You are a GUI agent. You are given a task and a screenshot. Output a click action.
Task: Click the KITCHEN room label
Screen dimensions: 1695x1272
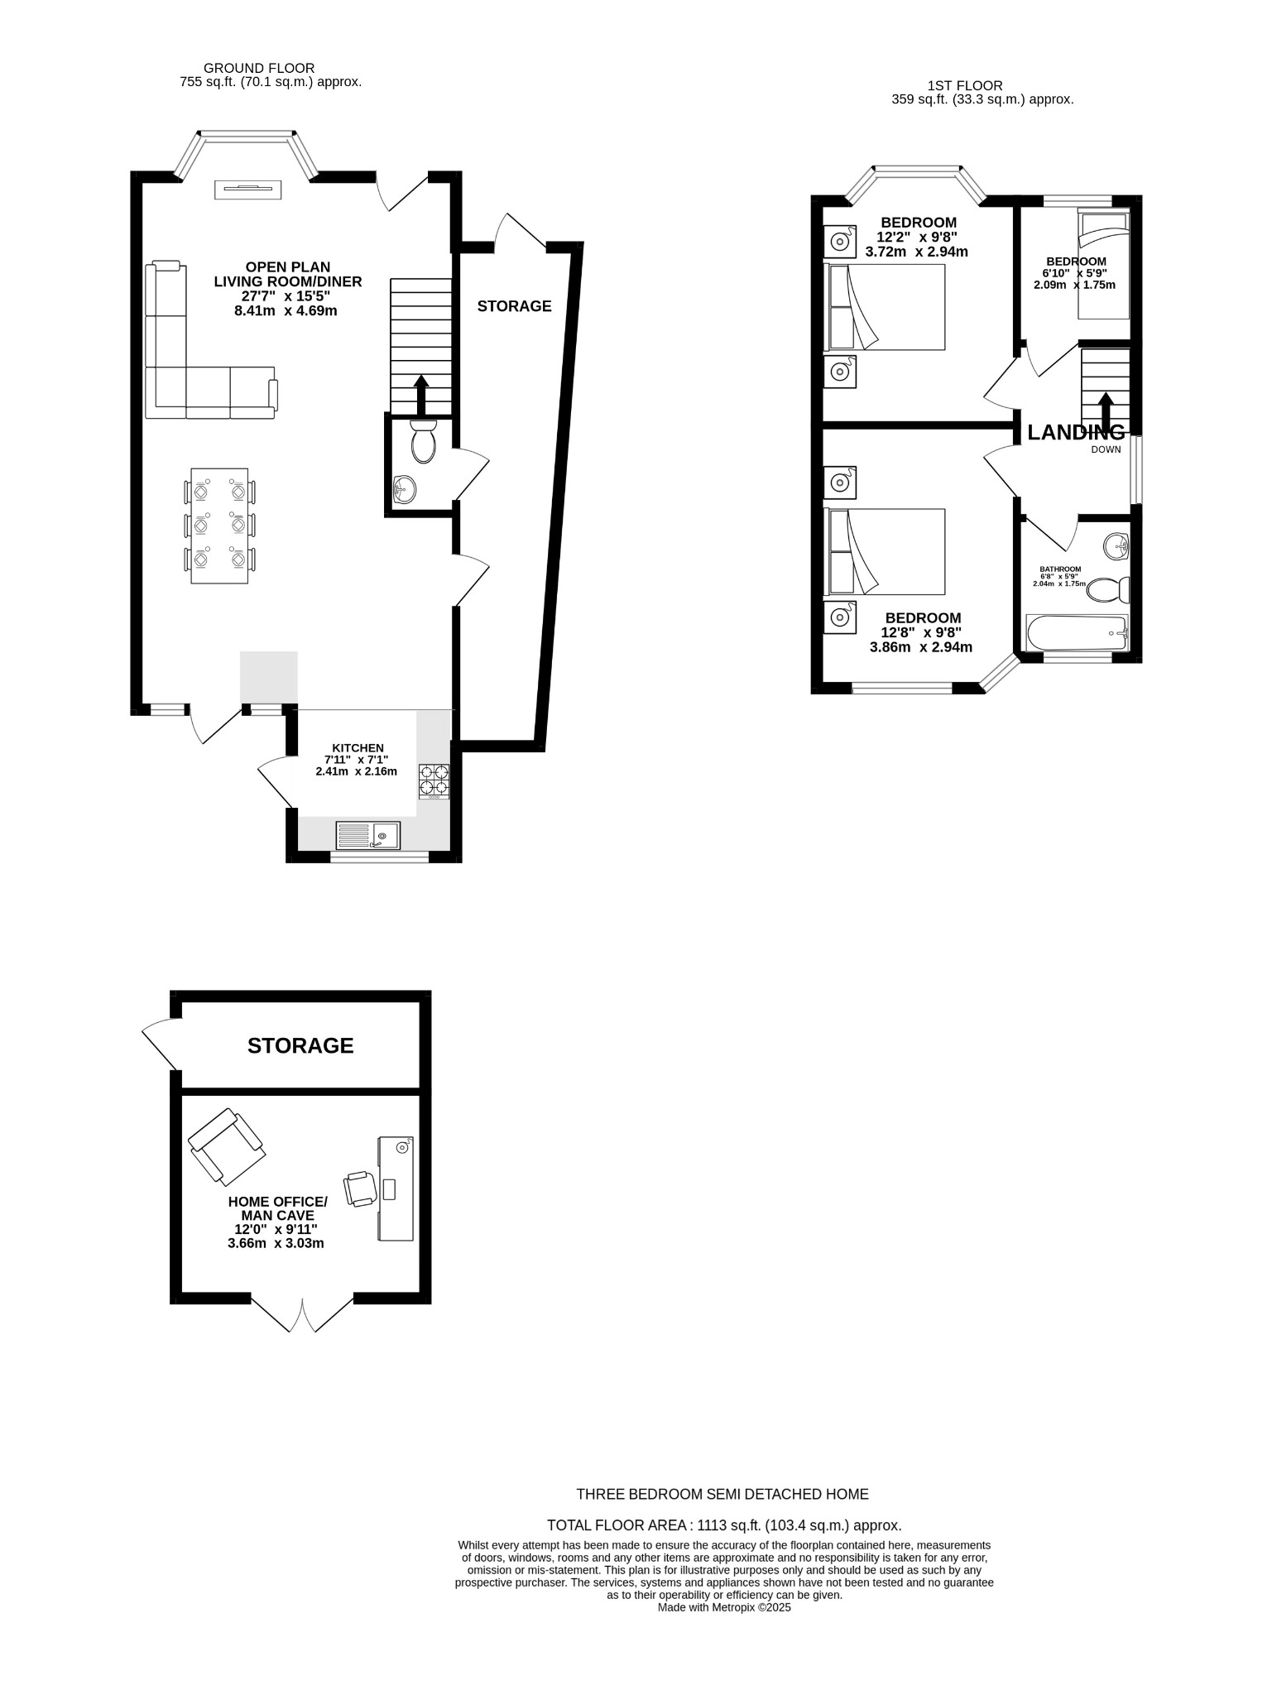(x=358, y=748)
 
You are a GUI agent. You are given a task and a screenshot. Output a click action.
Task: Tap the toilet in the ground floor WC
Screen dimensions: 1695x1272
(x=423, y=441)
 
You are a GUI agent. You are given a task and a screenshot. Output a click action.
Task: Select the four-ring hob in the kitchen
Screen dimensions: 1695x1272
(x=434, y=779)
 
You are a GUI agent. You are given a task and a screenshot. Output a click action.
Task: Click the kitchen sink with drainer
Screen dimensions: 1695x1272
(x=367, y=836)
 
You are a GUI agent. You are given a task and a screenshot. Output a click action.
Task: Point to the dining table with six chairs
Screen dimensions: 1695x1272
(x=219, y=526)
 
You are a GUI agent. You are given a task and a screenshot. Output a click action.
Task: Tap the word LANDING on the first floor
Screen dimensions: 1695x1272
(x=1075, y=432)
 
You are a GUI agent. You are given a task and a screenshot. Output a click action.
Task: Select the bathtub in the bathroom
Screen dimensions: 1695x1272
(x=1076, y=634)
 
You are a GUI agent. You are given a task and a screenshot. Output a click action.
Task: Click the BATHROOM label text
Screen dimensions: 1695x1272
(x=1060, y=569)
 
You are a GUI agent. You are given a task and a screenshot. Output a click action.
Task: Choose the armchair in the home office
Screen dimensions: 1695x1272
(x=227, y=1147)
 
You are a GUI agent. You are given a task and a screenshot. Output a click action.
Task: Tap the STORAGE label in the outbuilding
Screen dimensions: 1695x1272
(x=300, y=1046)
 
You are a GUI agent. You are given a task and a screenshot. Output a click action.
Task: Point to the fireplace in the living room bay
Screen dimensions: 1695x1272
(x=249, y=190)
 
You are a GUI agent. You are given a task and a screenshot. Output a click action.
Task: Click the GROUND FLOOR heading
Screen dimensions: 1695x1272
(x=259, y=68)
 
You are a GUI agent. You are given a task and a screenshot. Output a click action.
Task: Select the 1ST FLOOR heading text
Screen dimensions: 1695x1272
(x=964, y=85)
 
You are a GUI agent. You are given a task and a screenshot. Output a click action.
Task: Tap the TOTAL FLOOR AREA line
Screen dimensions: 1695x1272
(x=724, y=1525)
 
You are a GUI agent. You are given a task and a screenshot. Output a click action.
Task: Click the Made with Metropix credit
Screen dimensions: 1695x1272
(x=724, y=1607)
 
